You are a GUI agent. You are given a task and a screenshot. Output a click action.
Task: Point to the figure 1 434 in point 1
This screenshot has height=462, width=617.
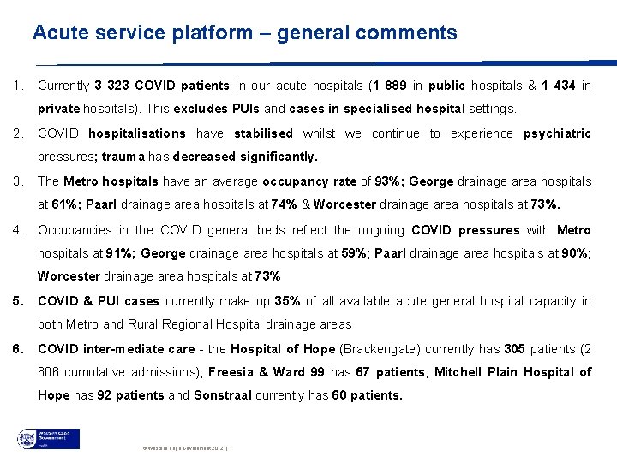point(558,86)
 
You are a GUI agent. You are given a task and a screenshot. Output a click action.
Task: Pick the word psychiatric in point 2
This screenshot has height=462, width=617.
point(557,133)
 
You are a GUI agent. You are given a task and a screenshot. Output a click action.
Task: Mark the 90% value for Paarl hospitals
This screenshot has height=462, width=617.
point(571,253)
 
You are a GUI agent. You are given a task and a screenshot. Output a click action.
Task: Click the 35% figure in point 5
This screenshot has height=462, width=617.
point(288,301)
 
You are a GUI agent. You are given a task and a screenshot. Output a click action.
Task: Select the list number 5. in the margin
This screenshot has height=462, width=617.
point(19,301)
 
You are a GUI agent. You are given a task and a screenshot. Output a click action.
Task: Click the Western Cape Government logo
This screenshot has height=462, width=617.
point(50,439)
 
